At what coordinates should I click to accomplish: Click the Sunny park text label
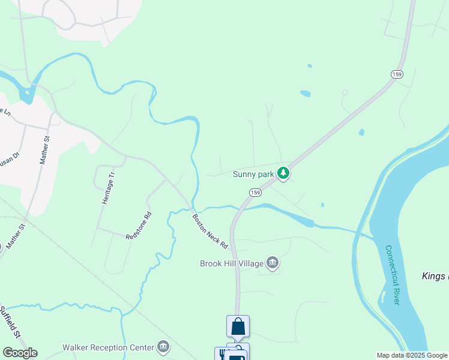(253, 175)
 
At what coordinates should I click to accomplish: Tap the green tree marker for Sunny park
(283, 174)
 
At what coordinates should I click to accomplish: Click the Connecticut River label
(392, 275)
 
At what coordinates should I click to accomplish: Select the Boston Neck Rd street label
(211, 232)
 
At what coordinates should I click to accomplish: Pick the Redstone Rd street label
(139, 226)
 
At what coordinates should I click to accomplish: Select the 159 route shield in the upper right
(396, 74)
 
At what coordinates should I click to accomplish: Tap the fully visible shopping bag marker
(238, 326)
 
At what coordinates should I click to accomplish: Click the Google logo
(20, 352)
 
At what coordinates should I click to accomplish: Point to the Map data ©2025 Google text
(412, 355)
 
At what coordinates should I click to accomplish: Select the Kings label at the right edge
(435, 276)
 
